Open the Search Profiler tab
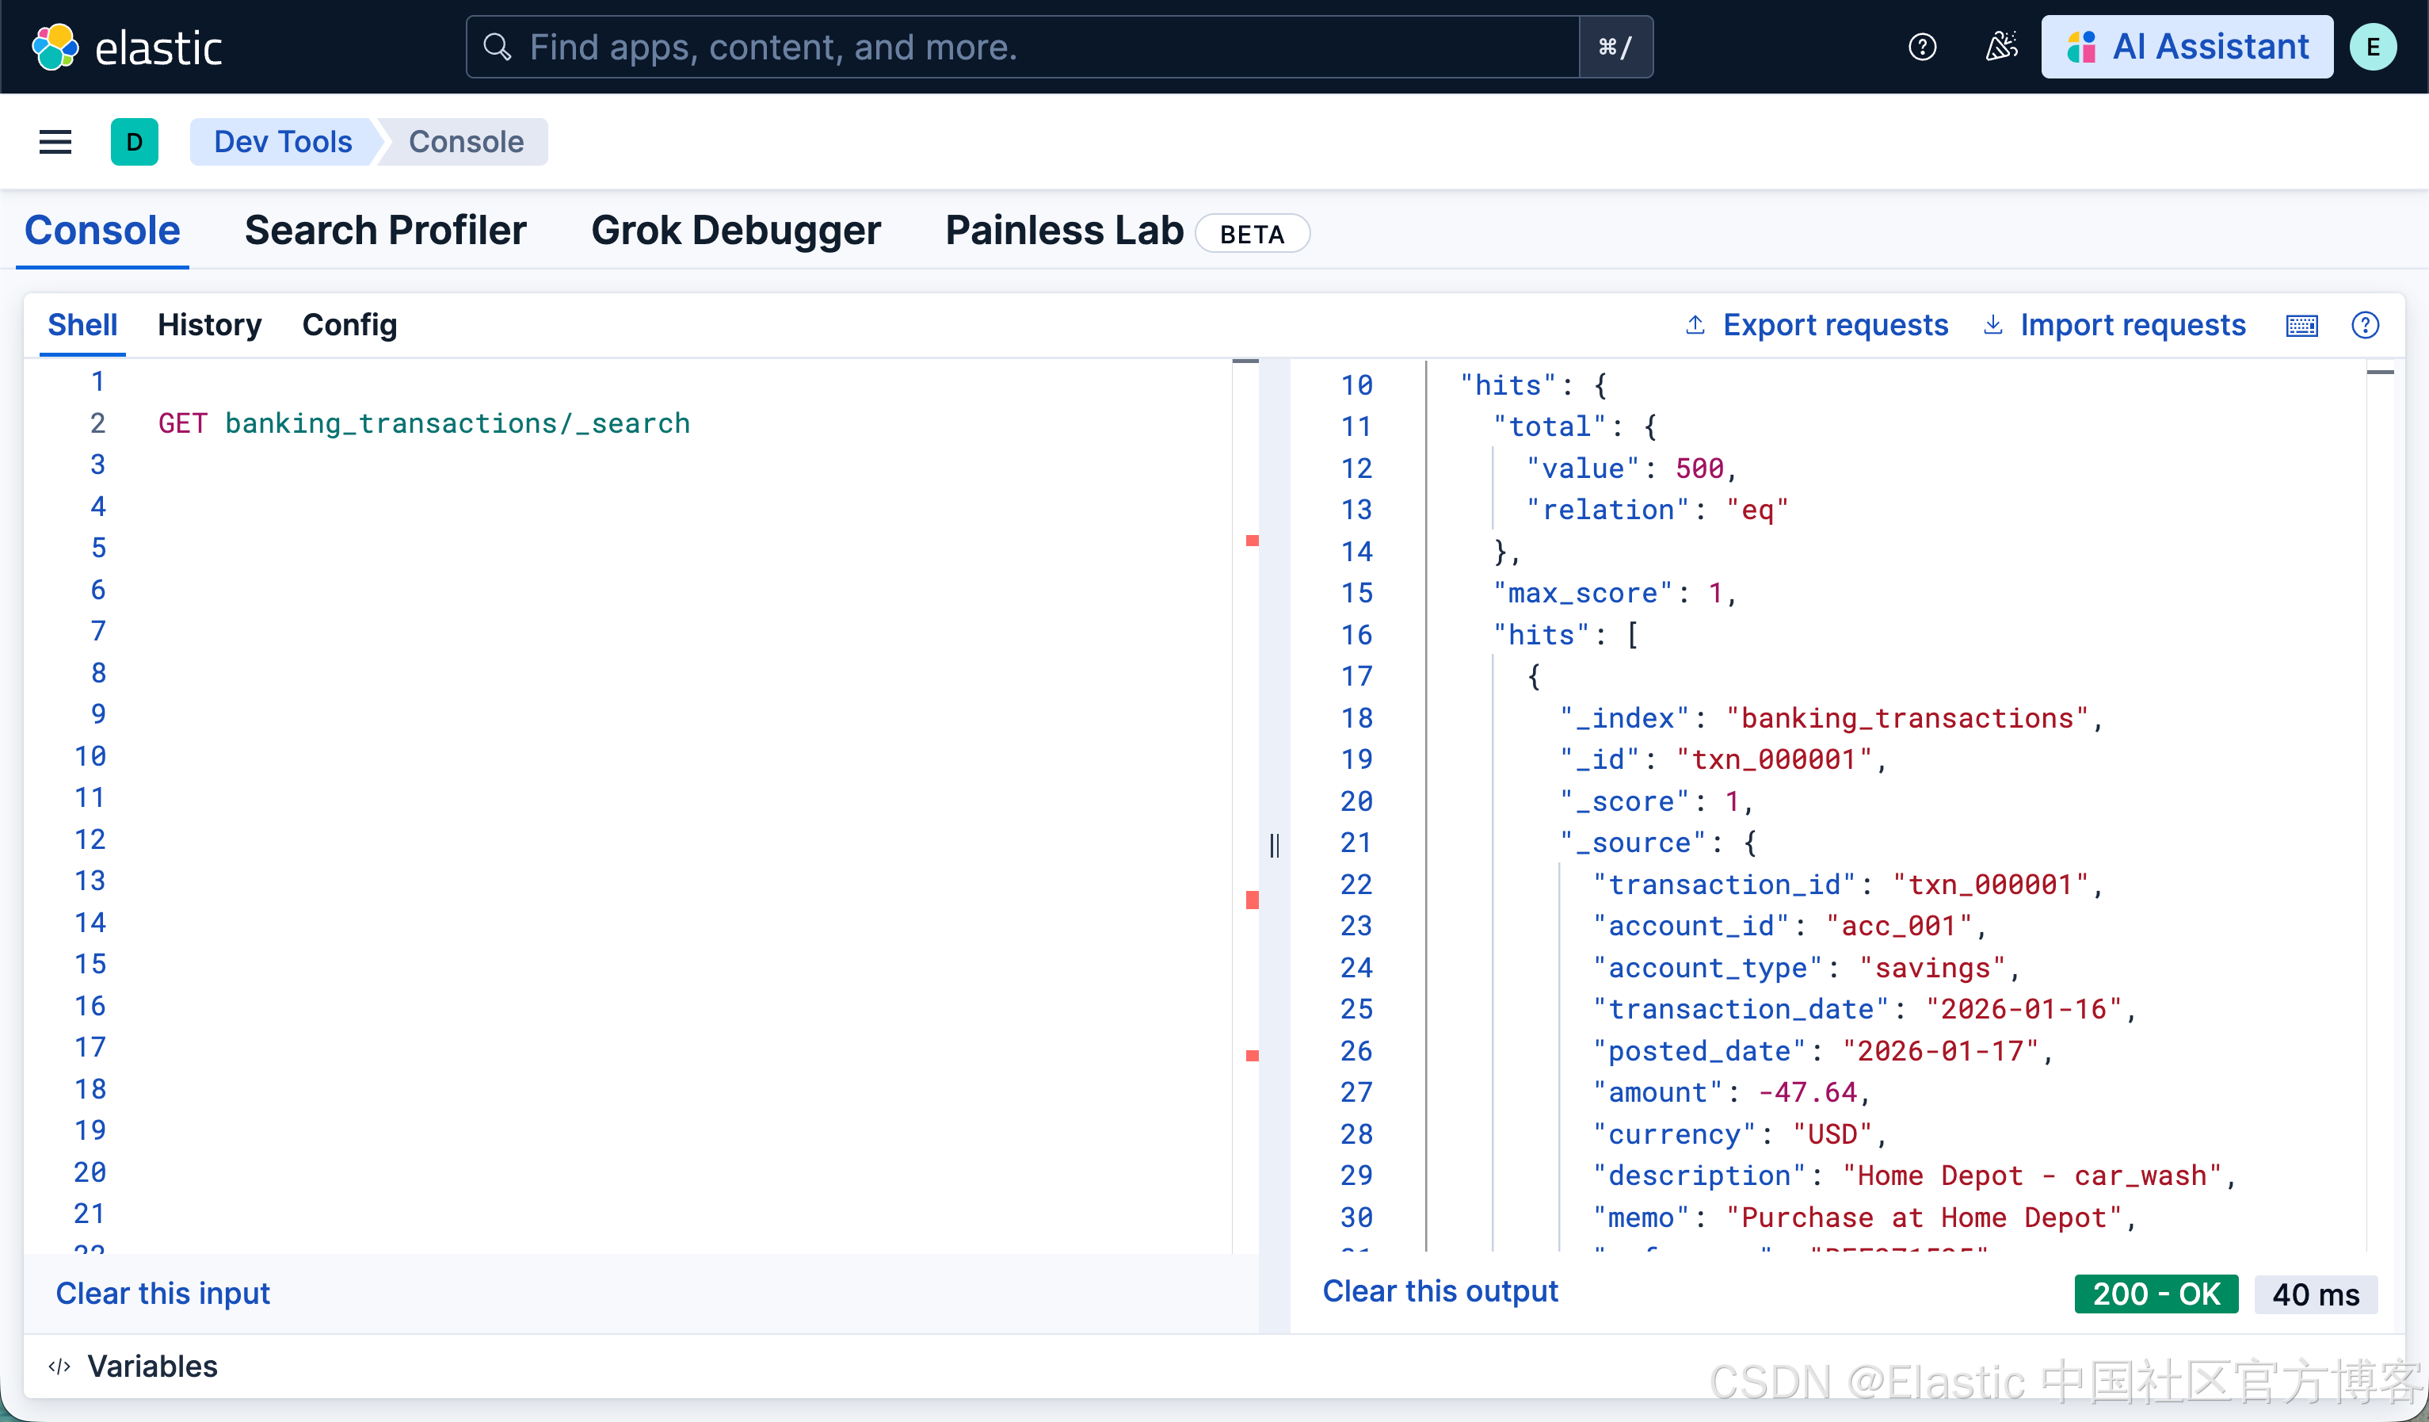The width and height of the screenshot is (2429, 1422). tap(386, 231)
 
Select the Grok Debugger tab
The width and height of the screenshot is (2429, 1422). tap(735, 231)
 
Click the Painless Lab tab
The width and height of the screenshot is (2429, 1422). tap(1063, 231)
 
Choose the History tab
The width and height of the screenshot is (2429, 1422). tap(209, 325)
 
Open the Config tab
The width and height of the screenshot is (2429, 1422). tap(349, 325)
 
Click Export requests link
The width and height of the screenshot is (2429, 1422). tap(1834, 325)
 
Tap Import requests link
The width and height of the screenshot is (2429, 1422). tap(2132, 325)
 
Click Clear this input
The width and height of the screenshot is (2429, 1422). tap(163, 1293)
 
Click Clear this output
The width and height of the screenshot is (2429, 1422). tap(1439, 1291)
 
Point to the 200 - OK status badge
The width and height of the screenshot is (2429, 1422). tap(2155, 1294)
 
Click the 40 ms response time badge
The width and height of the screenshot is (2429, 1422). tap(2315, 1294)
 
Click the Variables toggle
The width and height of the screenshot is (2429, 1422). tap(151, 1366)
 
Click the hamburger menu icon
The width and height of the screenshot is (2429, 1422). tap(55, 142)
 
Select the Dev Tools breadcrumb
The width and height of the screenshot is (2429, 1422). tap(282, 142)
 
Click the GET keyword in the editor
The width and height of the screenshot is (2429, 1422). tap(182, 423)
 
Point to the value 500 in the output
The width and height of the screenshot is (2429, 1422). tap(1699, 468)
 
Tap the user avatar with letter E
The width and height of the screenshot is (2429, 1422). tap(2372, 48)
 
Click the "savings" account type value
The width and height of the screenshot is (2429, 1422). tap(1931, 968)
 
